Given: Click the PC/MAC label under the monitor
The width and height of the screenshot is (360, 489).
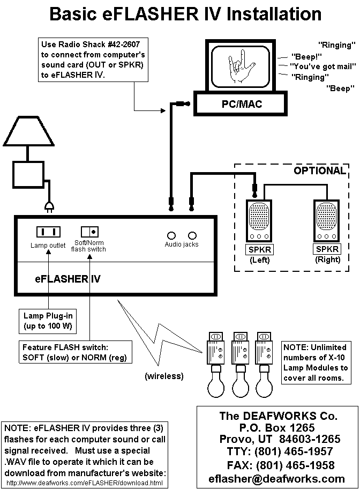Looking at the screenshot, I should pos(242,104).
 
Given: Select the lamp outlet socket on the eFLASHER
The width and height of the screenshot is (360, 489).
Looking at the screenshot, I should pos(48,232).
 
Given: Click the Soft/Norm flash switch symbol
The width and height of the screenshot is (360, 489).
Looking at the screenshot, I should pos(89,232).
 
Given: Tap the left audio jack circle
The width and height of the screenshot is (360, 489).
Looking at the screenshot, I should pos(172,235).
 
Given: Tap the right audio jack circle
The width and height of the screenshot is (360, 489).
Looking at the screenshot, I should pos(192,235).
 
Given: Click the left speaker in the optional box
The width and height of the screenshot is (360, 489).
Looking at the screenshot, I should pos(259,221).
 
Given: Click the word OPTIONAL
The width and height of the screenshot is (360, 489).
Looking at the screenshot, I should pos(319,171).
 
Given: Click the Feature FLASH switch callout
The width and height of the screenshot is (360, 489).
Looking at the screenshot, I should pos(75,352).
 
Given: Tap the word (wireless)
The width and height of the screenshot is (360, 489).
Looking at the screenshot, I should pos(163,376).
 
